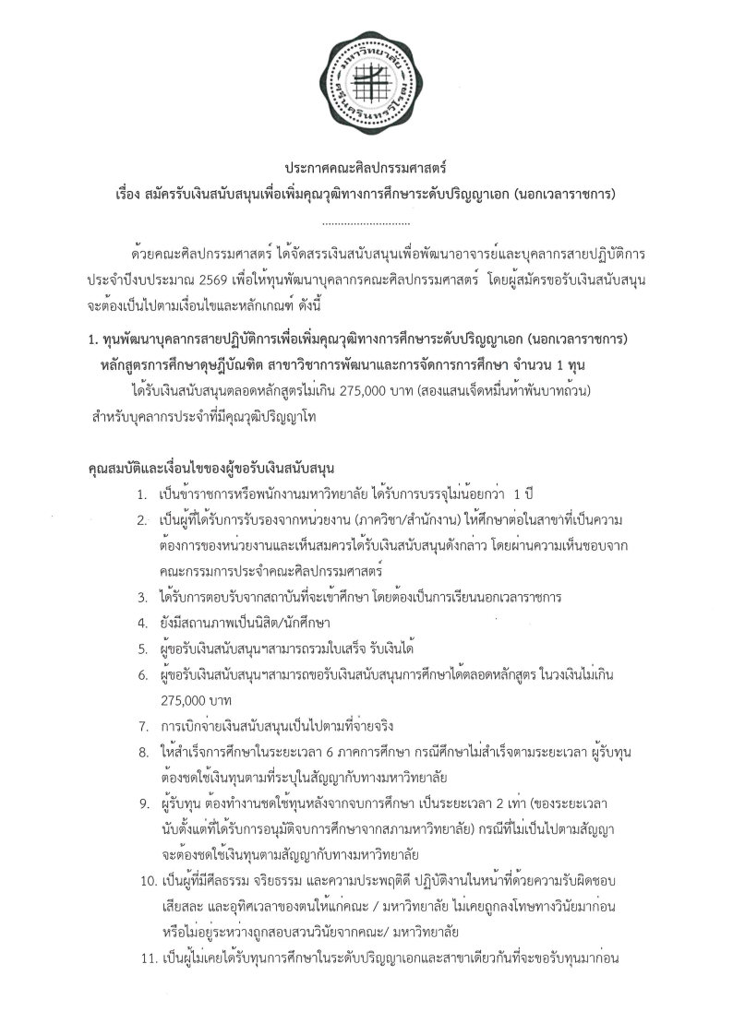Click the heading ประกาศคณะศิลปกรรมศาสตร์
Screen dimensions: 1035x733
point(366,170)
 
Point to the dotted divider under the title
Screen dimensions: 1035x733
point(366,222)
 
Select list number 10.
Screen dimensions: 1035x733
point(140,880)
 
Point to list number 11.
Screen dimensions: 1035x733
point(140,957)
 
